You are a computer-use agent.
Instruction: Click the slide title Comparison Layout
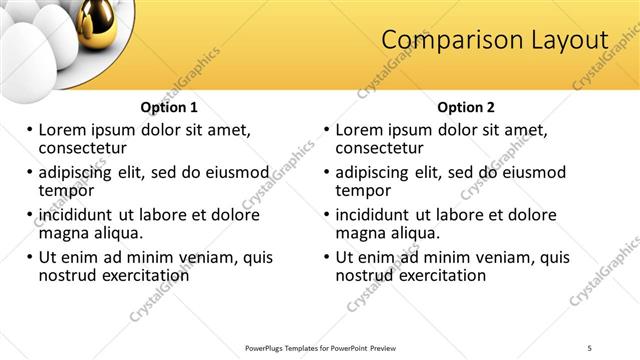(495, 40)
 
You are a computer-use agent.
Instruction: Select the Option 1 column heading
(169, 107)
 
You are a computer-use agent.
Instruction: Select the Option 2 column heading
(466, 107)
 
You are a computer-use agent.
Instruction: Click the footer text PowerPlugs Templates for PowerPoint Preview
(320, 347)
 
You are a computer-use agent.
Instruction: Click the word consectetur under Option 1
(83, 148)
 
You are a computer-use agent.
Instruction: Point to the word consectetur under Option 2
(381, 148)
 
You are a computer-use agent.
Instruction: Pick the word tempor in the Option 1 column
(66, 190)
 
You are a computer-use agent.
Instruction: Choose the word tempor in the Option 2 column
(364, 190)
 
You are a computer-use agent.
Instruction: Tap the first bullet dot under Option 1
(30, 130)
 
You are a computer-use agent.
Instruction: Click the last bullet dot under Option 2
(327, 257)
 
